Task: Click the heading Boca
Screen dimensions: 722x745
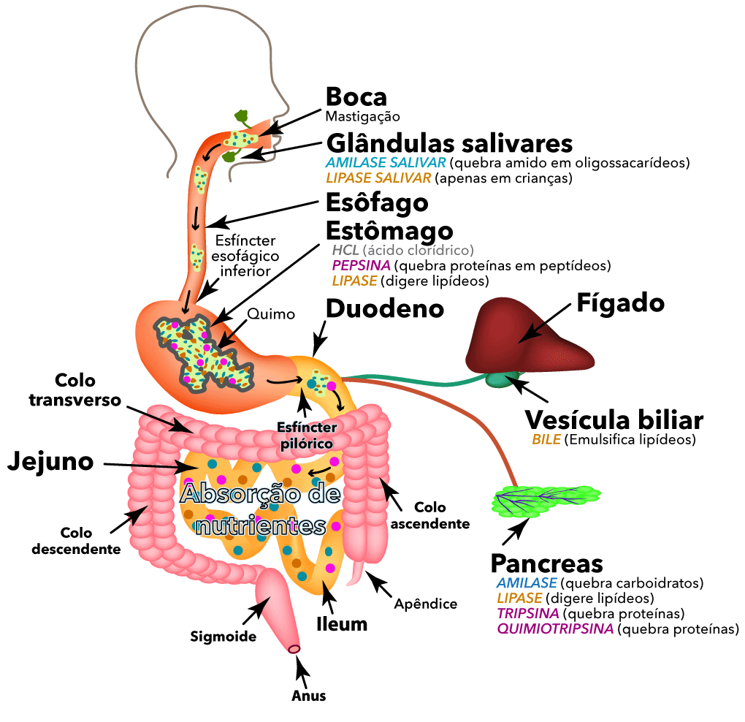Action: (356, 96)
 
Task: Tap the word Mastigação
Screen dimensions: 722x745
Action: (362, 115)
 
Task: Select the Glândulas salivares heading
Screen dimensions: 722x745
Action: (448, 141)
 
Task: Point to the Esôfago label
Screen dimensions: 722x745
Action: (376, 202)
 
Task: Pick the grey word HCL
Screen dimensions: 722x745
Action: (345, 250)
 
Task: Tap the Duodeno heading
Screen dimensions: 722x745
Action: (384, 308)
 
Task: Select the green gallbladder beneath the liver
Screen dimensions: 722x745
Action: (505, 379)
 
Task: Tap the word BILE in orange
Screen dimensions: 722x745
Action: (546, 440)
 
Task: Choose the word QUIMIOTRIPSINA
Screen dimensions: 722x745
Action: (555, 628)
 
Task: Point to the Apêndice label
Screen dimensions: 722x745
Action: (425, 604)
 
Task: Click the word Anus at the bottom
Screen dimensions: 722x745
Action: (308, 696)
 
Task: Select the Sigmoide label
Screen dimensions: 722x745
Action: (223, 636)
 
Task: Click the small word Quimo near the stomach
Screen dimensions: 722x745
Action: (271, 314)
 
